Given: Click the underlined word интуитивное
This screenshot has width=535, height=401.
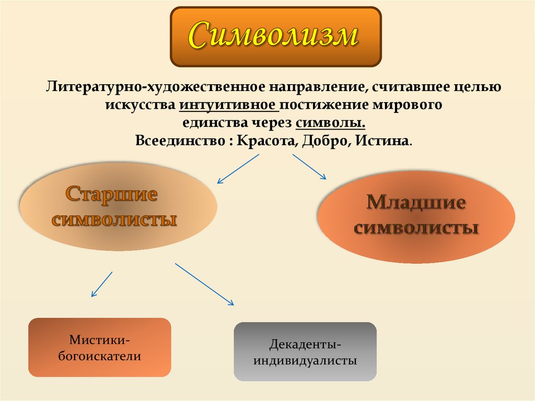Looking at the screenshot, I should coord(228,105).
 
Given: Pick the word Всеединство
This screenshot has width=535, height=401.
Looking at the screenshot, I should coord(178,142).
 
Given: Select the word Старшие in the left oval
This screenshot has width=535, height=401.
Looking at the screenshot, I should coord(112,195).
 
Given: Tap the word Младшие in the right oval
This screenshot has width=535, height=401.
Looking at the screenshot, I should coord(416,202).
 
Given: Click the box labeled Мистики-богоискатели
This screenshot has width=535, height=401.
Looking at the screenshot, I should coord(100,348).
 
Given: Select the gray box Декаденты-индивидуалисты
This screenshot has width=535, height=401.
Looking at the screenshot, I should coord(305,351).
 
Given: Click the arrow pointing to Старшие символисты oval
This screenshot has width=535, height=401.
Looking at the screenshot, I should coord(238,168).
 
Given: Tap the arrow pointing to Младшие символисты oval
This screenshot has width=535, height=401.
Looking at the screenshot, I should coord(309,167).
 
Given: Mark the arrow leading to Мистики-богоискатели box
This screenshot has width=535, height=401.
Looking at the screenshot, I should coord(102,284).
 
